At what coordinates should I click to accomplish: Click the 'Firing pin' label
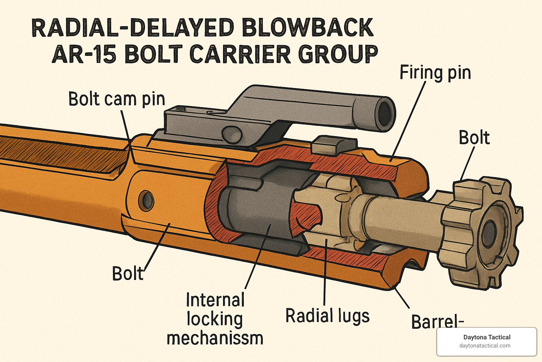point(435,73)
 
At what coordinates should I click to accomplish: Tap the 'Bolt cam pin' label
point(116,99)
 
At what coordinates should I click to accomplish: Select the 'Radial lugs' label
point(327,316)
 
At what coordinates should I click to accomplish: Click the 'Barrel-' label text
point(437,321)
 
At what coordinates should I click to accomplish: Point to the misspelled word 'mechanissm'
point(215,338)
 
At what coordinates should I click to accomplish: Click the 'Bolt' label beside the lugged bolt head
point(474,138)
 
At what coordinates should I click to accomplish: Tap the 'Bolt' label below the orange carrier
point(128,274)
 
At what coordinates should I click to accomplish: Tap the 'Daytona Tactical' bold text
point(487,337)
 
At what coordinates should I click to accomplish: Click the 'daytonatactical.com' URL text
point(485,346)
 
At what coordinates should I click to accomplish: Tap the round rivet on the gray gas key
point(232,134)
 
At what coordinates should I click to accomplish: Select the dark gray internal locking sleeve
point(258,212)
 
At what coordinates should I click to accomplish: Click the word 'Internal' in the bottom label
point(215,300)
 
